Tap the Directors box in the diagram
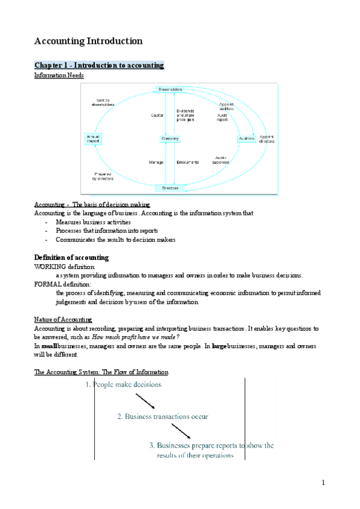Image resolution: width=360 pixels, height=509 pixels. point(170,188)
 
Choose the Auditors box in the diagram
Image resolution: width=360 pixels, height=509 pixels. point(247,139)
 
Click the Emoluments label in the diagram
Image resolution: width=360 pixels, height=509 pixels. point(188,163)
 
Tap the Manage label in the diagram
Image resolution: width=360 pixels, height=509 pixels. point(156,163)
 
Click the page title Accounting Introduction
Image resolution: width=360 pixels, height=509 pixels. point(88,41)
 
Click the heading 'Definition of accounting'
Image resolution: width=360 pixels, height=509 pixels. point(71,258)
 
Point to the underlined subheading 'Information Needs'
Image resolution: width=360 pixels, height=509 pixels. point(59,76)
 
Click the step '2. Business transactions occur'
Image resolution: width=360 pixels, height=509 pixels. point(163,416)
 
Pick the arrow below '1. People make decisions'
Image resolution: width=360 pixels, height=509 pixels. point(145,401)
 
